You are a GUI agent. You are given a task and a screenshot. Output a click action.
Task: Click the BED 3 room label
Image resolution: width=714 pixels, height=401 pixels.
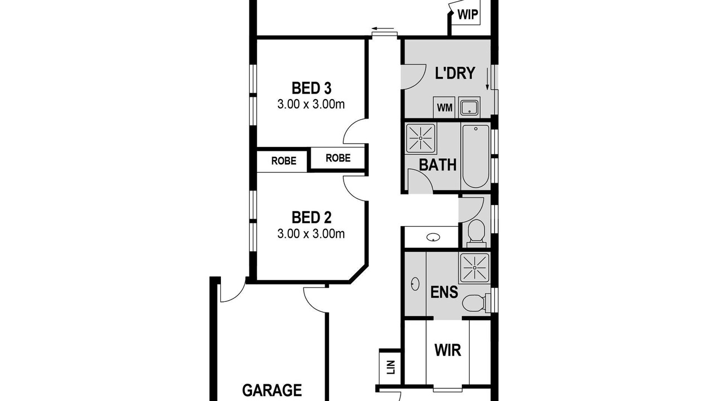(x=311, y=88)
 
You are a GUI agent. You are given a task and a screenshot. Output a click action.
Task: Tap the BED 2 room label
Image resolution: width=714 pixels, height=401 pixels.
(x=311, y=218)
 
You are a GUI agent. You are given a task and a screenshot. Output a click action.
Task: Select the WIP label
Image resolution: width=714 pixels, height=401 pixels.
(x=467, y=14)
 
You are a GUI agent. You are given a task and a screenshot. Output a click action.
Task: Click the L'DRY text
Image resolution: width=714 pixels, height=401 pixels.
(x=455, y=73)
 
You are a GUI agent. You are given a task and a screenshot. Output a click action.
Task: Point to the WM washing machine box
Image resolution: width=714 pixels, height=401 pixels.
(x=444, y=107)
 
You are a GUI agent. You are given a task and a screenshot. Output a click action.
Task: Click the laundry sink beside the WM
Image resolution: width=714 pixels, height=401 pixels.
(x=469, y=107)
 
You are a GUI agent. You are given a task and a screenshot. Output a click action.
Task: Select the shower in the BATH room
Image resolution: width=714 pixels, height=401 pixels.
(x=421, y=139)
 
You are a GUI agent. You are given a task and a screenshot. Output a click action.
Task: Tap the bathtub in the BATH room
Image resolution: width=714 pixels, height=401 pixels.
(x=475, y=156)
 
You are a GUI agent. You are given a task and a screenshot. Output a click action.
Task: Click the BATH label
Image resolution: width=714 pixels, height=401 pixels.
(x=437, y=165)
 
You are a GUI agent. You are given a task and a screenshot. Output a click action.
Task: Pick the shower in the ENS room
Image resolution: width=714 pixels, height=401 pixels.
(x=474, y=268)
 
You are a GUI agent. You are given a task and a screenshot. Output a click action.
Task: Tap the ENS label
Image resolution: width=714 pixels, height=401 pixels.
(x=444, y=292)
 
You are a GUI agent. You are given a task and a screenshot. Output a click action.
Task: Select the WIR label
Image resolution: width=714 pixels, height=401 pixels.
(x=447, y=350)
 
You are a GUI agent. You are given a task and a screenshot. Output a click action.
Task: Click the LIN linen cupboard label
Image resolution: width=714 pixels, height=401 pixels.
(x=391, y=367)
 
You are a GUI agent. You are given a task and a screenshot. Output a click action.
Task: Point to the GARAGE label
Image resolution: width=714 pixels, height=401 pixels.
(x=272, y=390)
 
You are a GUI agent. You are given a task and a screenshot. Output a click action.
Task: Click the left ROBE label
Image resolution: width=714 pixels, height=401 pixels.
(x=284, y=161)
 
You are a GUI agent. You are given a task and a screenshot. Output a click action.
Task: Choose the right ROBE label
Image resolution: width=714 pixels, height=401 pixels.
(x=338, y=158)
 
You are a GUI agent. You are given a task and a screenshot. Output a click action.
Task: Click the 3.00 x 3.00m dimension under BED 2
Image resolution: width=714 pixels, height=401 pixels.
(x=311, y=234)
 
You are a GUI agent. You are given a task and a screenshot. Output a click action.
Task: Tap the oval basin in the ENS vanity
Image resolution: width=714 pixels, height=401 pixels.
(x=415, y=284)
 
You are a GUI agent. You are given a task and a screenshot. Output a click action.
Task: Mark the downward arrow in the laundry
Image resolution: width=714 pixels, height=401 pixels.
(x=487, y=79)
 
